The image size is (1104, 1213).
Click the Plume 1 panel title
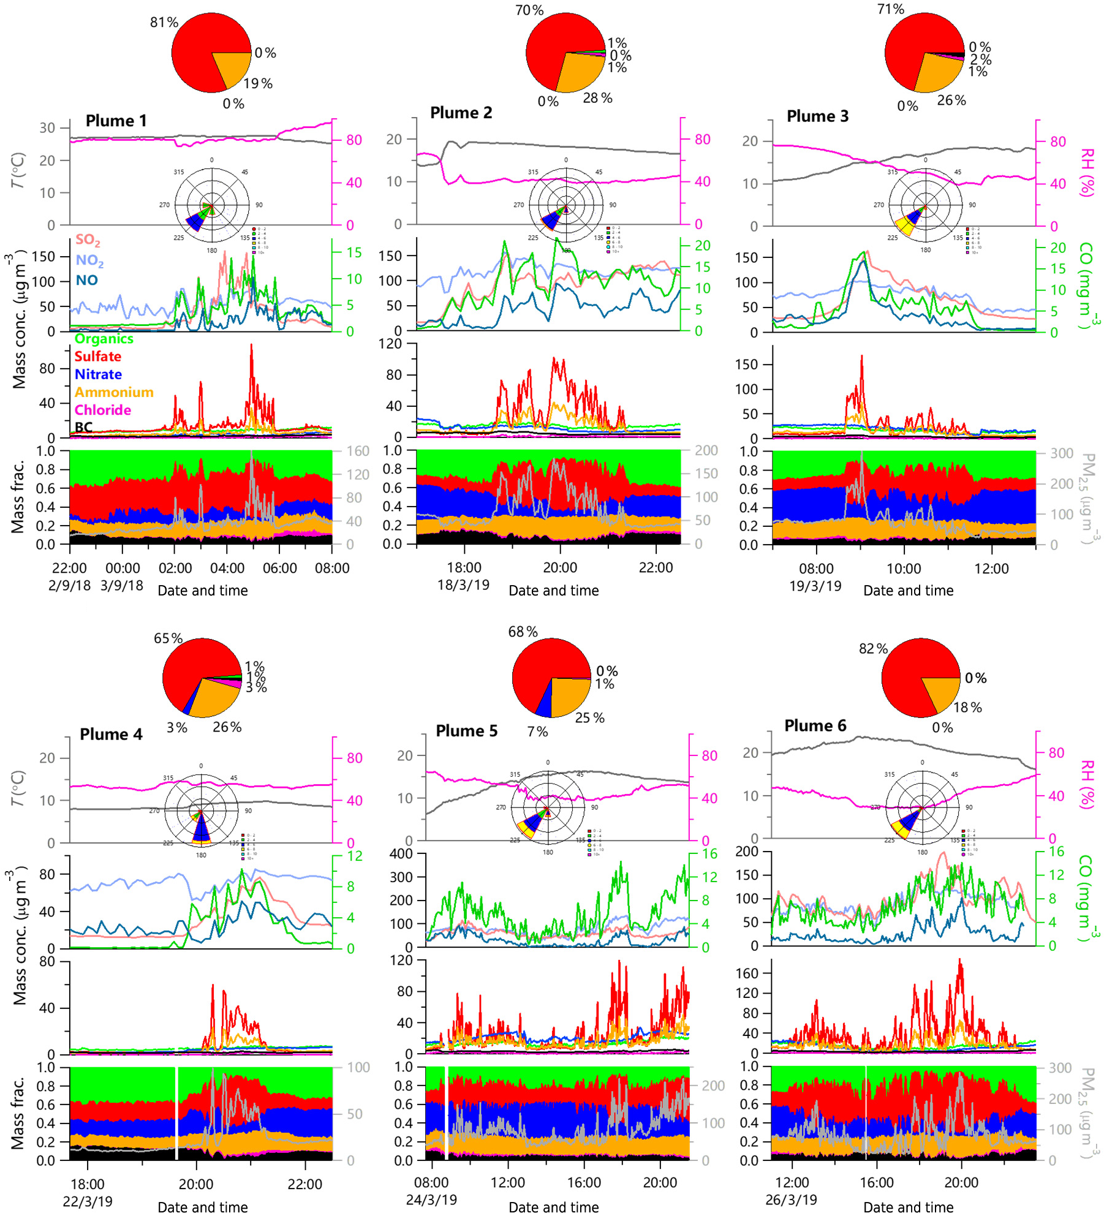click(116, 121)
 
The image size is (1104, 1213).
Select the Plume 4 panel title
click(111, 734)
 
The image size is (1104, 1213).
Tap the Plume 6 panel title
click(815, 725)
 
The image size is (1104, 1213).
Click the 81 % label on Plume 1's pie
click(164, 23)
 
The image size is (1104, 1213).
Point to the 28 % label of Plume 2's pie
click(597, 98)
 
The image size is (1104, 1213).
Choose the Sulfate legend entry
click(98, 357)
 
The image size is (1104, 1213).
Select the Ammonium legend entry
click(114, 392)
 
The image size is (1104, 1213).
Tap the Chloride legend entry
click(103, 410)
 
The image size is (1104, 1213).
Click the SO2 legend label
click(88, 240)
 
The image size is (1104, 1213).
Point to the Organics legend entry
click(104, 339)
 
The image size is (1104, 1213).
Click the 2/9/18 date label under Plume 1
click(69, 586)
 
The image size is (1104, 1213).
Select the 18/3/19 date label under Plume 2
click(463, 585)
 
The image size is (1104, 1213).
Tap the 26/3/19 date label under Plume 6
click(792, 1200)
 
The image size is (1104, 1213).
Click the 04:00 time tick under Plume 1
click(227, 569)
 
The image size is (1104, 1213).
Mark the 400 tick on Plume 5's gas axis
click(401, 854)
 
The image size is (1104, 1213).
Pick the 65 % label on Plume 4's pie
click(168, 638)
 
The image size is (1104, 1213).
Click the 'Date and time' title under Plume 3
click(908, 591)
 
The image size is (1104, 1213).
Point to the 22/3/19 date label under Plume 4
click(88, 1201)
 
